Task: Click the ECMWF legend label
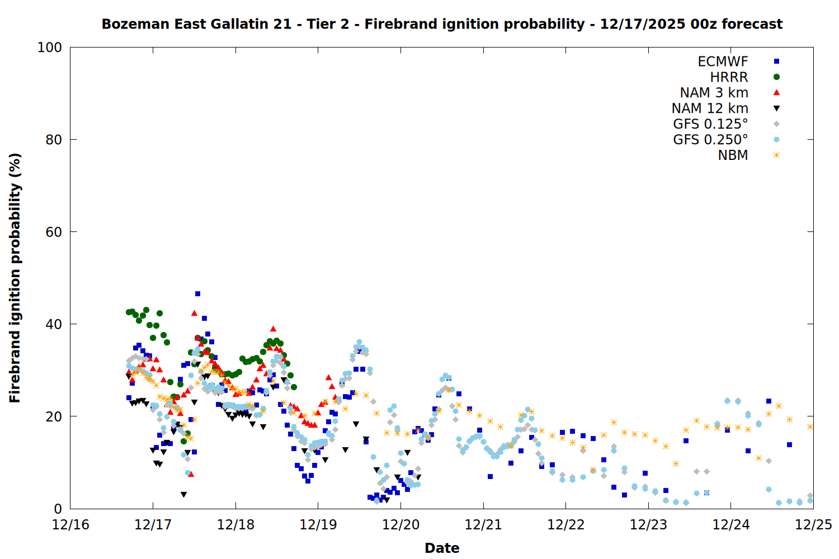(723, 61)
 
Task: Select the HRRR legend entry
(729, 77)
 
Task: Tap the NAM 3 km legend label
(714, 93)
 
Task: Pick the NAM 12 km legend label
(710, 108)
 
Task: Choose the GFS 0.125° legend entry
(710, 124)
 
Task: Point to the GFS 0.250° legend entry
(710, 140)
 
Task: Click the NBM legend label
(733, 155)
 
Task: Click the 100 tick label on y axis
(50, 48)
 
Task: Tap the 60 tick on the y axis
(54, 232)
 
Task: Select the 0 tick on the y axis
(58, 509)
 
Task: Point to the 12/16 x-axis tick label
(70, 525)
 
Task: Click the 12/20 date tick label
(400, 525)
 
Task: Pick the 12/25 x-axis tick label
(813, 525)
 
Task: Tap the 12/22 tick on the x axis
(565, 525)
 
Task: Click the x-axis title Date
(442, 548)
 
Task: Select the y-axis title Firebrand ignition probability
(15, 278)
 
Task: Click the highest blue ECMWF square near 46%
(197, 293)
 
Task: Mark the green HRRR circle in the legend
(776, 77)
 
